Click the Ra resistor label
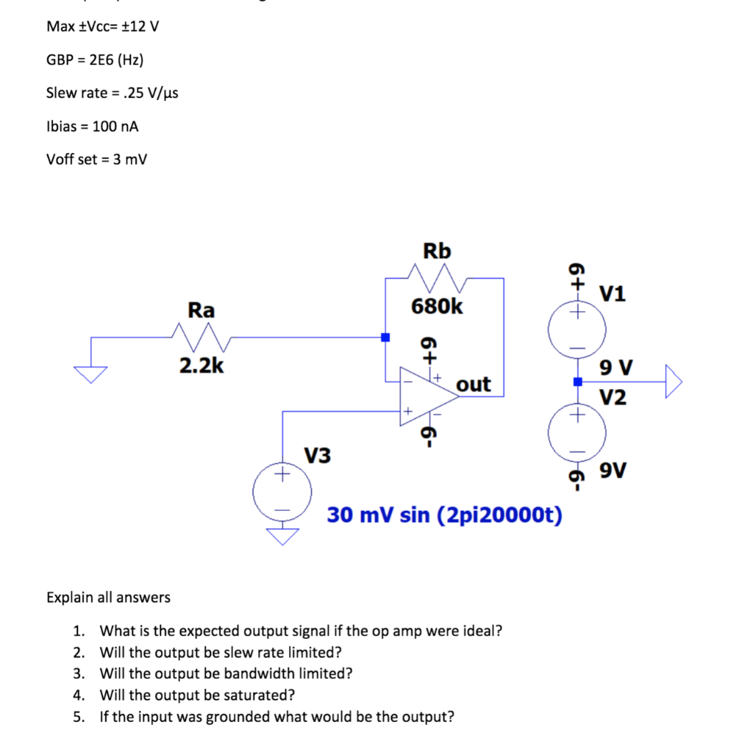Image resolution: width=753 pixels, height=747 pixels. coord(201,310)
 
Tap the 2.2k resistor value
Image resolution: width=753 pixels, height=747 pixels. coord(201,365)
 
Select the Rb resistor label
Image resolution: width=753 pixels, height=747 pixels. coord(437,251)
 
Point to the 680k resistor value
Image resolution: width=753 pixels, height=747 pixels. coord(437,306)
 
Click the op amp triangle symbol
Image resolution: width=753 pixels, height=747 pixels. coord(427,396)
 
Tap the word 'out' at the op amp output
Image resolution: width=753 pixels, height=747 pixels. coord(474,385)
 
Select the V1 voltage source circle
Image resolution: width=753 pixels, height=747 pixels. coord(577,329)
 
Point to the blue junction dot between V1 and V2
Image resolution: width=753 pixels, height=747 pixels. coord(577,382)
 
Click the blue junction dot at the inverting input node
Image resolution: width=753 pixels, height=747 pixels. coord(384,337)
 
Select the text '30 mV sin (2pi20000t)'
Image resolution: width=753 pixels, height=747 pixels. coord(445,515)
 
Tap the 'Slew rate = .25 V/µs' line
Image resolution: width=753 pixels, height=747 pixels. coord(112,93)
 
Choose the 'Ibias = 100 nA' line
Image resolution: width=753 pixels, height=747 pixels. coord(93,126)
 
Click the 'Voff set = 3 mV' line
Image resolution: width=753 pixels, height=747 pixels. coord(96,160)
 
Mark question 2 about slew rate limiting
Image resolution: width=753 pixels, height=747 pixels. coord(220,652)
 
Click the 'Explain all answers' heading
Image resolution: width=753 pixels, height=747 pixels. coord(108,597)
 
